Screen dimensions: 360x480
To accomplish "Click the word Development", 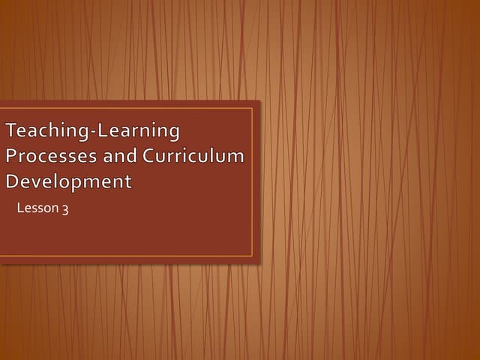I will [x=68, y=181].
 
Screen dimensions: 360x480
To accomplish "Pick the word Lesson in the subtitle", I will [x=37, y=208].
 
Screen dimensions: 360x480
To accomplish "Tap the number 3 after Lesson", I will [x=65, y=209].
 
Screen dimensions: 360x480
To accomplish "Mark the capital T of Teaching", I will [x=12, y=131].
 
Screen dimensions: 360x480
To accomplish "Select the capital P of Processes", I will [x=11, y=156].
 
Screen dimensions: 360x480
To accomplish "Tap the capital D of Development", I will [x=13, y=181].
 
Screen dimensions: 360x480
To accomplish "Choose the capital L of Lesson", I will [x=20, y=208].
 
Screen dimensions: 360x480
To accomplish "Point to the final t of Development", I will [x=128, y=181].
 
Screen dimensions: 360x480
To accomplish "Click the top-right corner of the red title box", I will [x=259, y=101].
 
